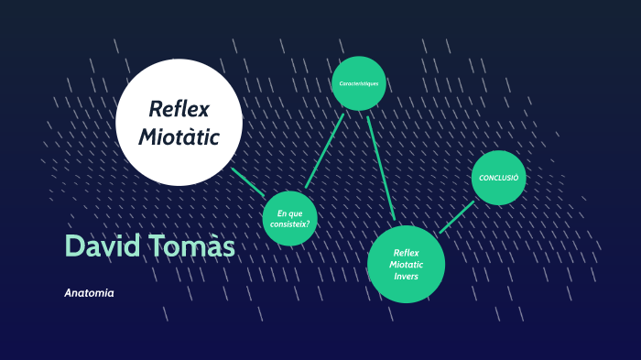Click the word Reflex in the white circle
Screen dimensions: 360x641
[x=179, y=110]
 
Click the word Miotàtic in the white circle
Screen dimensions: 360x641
[x=179, y=137]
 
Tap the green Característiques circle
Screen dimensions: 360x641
[x=359, y=83]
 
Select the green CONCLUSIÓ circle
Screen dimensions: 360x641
[x=499, y=177]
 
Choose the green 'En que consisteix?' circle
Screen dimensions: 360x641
[x=290, y=218]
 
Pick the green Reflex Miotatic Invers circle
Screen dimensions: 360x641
[x=406, y=264]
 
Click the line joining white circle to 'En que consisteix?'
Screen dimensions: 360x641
[x=248, y=181]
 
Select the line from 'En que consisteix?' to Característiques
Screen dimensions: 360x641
[x=325, y=150]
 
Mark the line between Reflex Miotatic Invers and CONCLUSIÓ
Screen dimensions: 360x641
[x=457, y=217]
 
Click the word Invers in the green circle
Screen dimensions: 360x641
[x=406, y=276]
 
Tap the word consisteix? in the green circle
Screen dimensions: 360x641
[x=290, y=224]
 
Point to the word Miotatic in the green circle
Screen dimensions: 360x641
[x=406, y=264]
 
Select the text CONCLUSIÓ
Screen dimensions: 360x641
[x=499, y=177]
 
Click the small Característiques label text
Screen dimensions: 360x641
[x=359, y=83]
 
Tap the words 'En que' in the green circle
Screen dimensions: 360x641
[x=290, y=213]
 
